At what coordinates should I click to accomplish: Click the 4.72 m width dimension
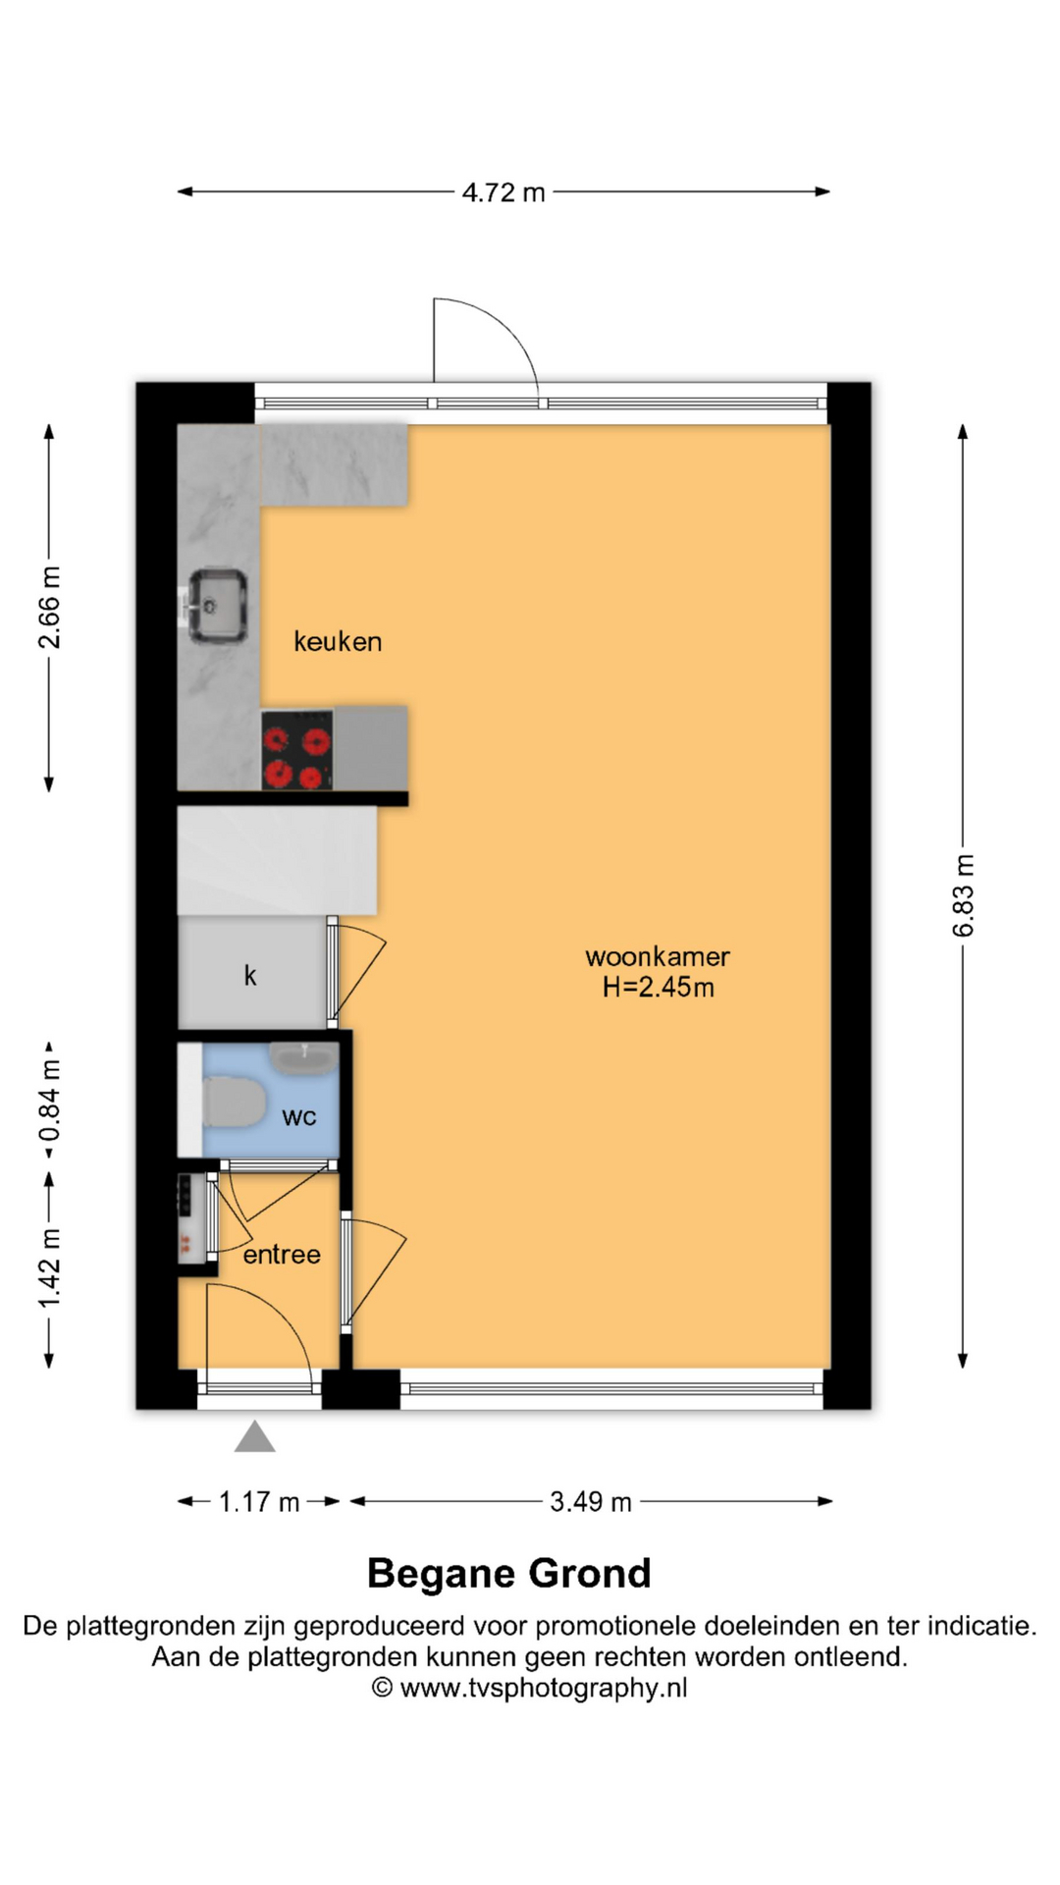click(x=503, y=192)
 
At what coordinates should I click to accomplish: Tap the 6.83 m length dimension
click(x=964, y=895)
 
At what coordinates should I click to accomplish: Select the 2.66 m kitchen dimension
click(x=49, y=608)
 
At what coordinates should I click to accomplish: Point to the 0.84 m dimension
click(x=49, y=1101)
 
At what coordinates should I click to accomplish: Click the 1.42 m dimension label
click(x=49, y=1267)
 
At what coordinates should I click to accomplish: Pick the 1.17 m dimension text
click(x=259, y=1502)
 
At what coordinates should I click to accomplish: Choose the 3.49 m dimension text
click(x=591, y=1502)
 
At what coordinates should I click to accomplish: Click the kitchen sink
click(x=216, y=606)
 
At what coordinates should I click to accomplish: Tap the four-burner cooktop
click(x=297, y=750)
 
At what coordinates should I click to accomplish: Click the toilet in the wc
click(x=234, y=1102)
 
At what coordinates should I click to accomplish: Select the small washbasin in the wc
click(x=304, y=1057)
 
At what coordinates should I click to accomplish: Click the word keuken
click(x=338, y=642)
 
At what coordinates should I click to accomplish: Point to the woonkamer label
click(x=658, y=956)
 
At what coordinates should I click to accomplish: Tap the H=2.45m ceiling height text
click(x=659, y=988)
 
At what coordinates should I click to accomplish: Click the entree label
click(x=282, y=1255)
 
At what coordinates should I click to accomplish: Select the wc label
click(x=299, y=1117)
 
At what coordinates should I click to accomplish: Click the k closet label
click(x=250, y=975)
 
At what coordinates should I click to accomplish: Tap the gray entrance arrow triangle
click(x=255, y=1436)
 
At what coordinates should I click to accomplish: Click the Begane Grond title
click(x=509, y=1574)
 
